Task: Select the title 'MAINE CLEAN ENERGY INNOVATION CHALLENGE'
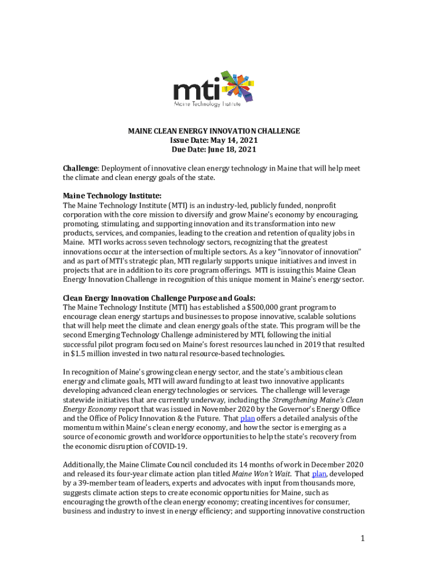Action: (x=214, y=131)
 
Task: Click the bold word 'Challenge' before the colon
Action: (x=80, y=168)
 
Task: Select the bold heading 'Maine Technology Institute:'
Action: (x=112, y=196)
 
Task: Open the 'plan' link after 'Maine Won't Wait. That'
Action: (x=319, y=474)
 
